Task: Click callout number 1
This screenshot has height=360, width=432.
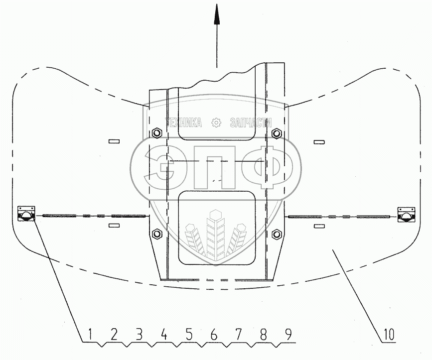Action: [90, 334]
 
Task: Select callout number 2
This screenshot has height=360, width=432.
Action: [114, 334]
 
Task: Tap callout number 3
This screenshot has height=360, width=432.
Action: [139, 334]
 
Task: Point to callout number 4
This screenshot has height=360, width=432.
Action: [164, 334]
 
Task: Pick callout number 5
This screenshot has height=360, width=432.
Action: [189, 334]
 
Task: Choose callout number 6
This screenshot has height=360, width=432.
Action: [214, 334]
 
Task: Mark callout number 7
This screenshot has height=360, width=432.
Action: [238, 334]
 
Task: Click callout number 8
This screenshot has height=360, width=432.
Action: [263, 334]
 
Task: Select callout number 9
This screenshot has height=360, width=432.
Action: [288, 334]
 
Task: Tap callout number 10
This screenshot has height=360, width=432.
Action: [388, 334]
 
